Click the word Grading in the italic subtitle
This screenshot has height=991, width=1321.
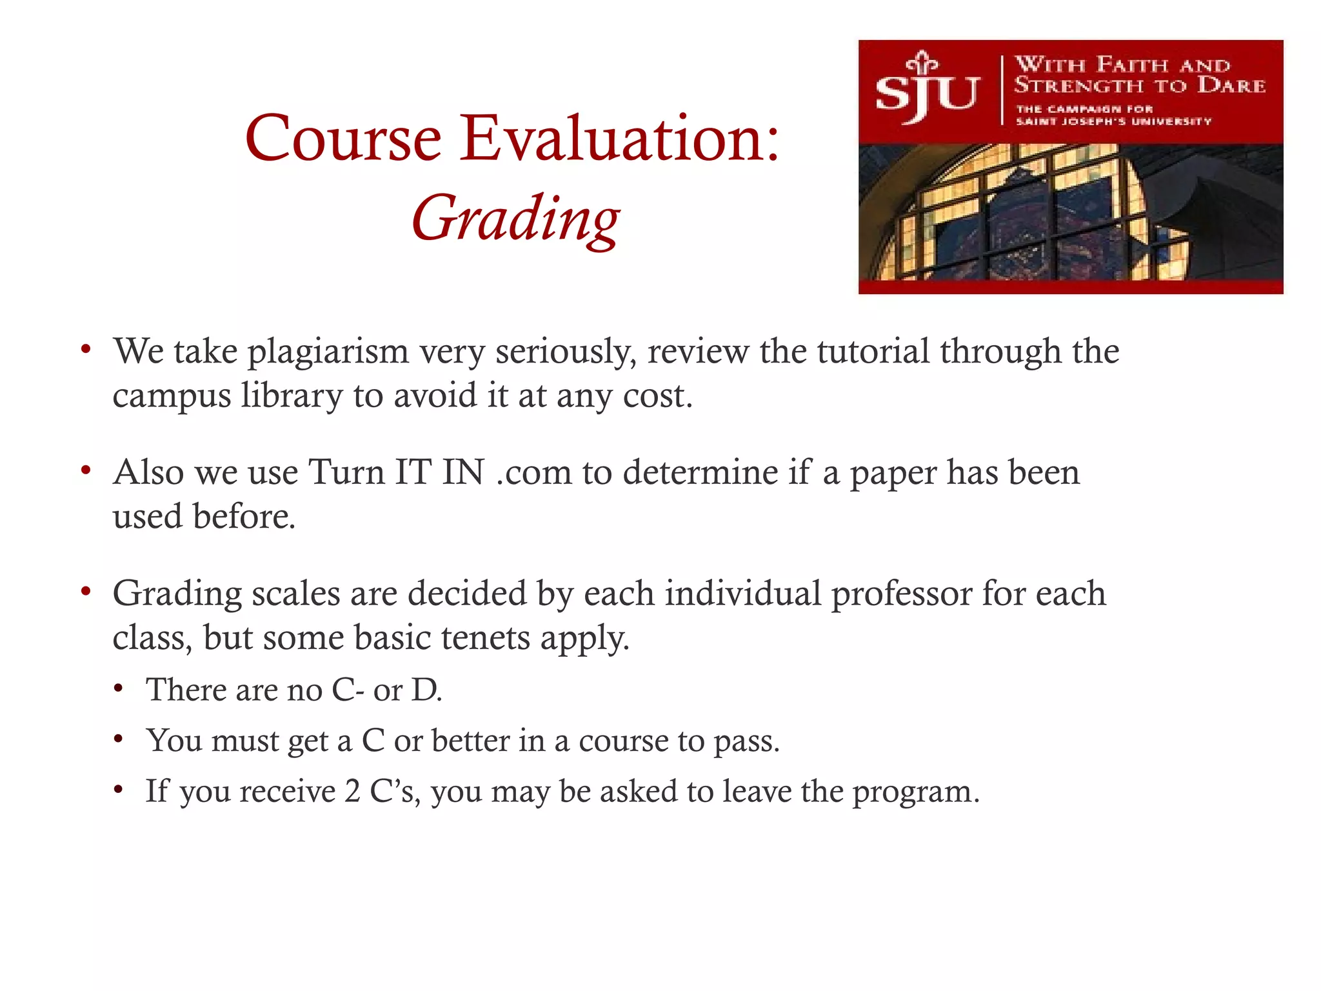coord(515,219)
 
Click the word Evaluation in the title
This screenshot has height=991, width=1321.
coord(621,138)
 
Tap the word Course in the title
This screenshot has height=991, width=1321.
coord(343,138)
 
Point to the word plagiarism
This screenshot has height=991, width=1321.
coord(328,352)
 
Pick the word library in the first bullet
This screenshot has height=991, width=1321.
coord(292,395)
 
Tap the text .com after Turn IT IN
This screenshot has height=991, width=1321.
coord(534,472)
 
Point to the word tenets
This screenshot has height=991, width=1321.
coord(485,637)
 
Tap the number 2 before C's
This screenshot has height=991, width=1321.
coord(352,792)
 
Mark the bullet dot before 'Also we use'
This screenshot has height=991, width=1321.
coord(85,470)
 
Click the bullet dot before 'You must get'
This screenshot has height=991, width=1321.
coord(118,739)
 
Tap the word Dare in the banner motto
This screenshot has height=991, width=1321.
coord(1231,85)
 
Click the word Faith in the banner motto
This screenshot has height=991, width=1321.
coord(1132,65)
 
